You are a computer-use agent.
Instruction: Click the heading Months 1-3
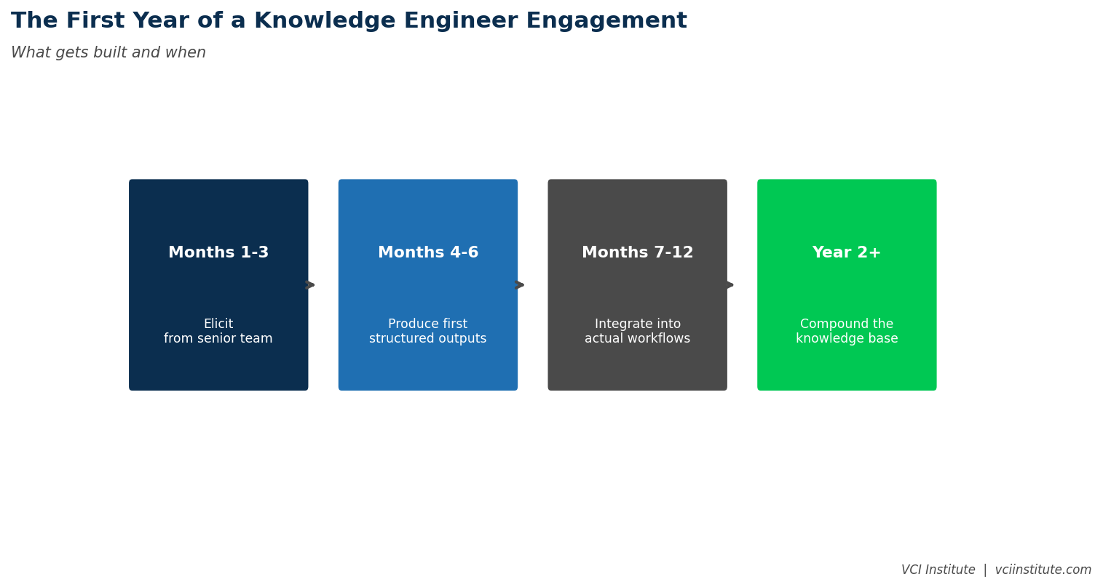218,253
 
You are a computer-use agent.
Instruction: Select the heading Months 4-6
428,253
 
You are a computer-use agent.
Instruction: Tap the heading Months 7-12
637,253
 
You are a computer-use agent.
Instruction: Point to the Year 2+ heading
847,253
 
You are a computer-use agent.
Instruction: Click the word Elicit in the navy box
218,324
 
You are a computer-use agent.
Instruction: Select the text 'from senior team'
218,339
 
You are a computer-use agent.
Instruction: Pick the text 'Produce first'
428,324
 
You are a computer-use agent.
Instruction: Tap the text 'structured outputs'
428,339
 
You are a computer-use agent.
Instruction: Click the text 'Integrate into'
637,324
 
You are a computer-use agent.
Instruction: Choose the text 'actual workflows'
637,339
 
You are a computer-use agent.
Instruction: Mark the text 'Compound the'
847,324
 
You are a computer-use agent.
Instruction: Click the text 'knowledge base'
847,339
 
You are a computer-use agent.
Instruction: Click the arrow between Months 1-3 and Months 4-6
310,285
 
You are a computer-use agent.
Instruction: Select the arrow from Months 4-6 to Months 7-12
520,285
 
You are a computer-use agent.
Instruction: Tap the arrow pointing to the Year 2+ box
729,285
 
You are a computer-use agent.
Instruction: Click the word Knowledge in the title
312,21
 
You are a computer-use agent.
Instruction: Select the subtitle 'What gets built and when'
108,53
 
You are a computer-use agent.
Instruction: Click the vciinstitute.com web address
1043,570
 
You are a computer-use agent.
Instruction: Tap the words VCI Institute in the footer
938,570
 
